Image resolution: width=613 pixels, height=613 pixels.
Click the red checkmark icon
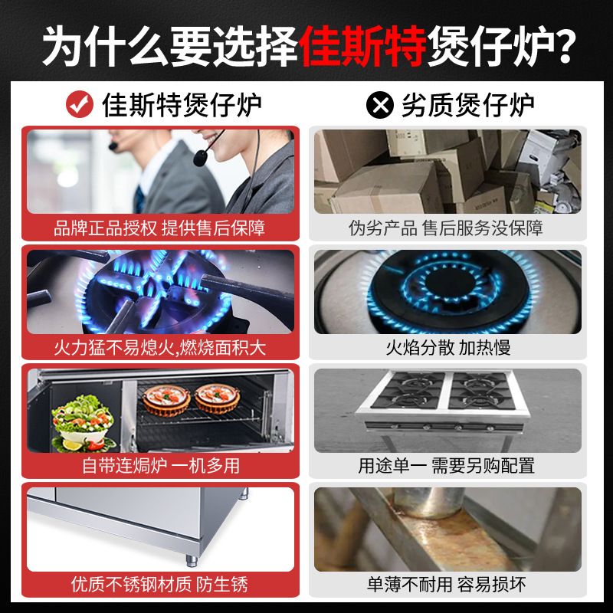coord(80,104)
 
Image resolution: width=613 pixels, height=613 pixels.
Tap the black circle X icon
coord(380,104)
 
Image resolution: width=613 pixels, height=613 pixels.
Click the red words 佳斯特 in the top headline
coord(362,46)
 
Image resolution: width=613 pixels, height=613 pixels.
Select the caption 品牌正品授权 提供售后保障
coord(159,228)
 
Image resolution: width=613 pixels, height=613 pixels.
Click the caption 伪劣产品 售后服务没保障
coord(446,228)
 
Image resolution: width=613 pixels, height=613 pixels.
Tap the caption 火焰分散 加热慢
coord(448,348)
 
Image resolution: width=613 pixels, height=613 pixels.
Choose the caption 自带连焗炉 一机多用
coord(161,466)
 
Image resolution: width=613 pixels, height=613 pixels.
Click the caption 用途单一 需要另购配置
coord(447,466)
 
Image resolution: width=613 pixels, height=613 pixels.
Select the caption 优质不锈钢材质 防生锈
coord(159,585)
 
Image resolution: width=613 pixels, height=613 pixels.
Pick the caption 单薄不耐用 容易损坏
coord(447,585)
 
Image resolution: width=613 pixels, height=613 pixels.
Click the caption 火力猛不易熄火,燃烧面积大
coord(160,348)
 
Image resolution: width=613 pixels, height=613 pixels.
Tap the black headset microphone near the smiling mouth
coord(200,159)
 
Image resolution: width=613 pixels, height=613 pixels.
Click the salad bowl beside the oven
coord(84,425)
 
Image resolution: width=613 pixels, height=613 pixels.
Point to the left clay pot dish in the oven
coord(166,400)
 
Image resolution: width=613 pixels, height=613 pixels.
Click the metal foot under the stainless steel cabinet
coord(192,561)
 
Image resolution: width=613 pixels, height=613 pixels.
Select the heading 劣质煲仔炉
coord(468,105)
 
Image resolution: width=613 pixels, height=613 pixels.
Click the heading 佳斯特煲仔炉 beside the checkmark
coord(182,105)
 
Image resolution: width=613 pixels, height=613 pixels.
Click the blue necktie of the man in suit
coord(139,199)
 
